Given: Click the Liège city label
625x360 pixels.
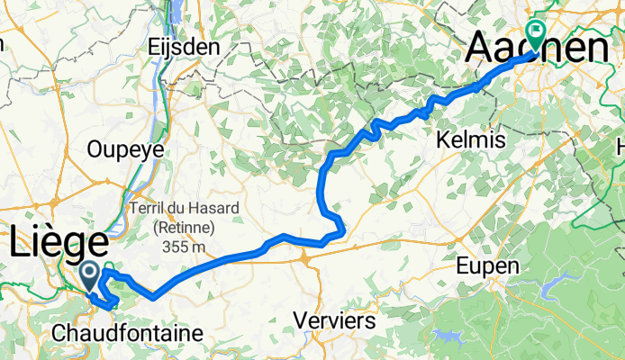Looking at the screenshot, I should (59, 243).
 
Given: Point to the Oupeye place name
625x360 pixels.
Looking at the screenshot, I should (126, 149).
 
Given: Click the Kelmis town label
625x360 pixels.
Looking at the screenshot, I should (469, 140).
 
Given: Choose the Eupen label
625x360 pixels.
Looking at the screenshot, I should (488, 266).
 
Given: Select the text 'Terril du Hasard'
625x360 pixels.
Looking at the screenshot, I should (184, 208).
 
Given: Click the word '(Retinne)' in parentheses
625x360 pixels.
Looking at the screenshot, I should (184, 227).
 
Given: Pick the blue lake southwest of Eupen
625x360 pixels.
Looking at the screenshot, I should (448, 337).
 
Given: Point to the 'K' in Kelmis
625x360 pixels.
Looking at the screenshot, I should (440, 140).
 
